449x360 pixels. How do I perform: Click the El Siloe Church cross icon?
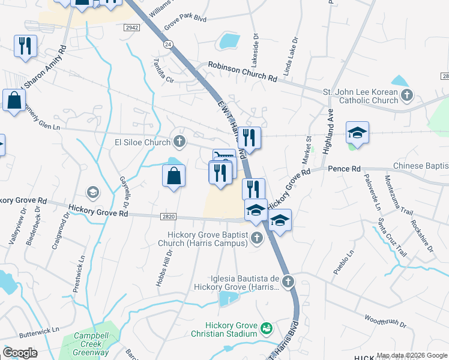[179, 142]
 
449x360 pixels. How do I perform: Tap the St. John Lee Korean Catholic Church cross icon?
[407, 95]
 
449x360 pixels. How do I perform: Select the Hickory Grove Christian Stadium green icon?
[266, 329]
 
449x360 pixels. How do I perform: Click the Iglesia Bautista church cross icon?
[288, 281]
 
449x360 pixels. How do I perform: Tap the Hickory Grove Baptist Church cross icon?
[256, 238]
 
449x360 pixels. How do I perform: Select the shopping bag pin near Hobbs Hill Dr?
[173, 176]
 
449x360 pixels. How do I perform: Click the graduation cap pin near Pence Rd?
[357, 133]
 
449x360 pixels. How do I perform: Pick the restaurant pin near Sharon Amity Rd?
[26, 46]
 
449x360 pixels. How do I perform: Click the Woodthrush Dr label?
[385, 321]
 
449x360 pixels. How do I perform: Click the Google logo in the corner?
[20, 353]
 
